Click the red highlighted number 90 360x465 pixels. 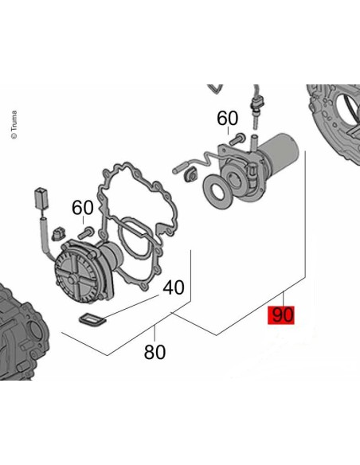(x=281, y=315)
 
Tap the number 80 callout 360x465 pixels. (x=155, y=352)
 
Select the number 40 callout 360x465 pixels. (x=174, y=287)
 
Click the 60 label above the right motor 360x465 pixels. (x=227, y=118)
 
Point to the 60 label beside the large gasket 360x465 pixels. (x=83, y=207)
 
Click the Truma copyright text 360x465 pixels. (x=14, y=124)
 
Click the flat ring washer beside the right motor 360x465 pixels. (x=217, y=191)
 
